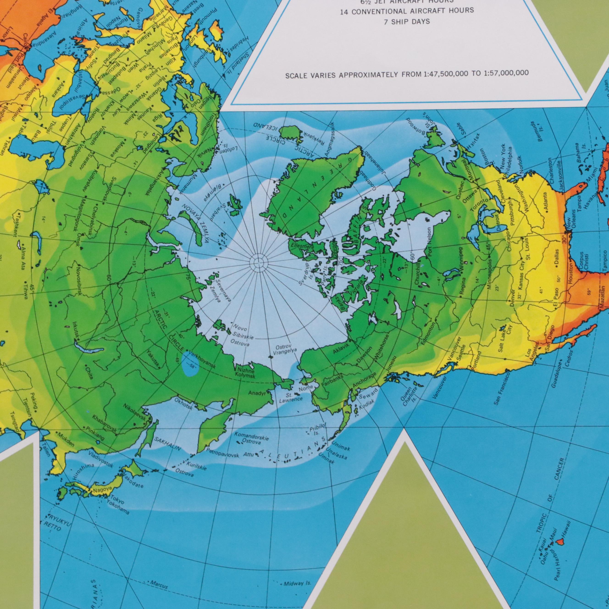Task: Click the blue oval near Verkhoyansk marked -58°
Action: coord(191,368)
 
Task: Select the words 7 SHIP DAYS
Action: coord(407,22)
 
